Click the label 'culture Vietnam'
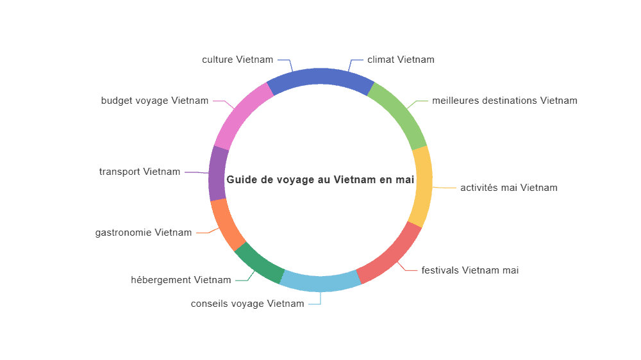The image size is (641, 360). [x=238, y=60]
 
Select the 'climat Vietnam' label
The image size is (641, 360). [x=401, y=60]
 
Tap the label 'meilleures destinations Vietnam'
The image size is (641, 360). [x=504, y=101]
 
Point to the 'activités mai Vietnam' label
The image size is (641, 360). [x=509, y=188]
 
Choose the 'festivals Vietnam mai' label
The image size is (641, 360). [x=470, y=270]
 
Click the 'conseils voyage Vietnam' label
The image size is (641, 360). [x=247, y=304]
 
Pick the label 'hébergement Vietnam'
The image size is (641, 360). [x=181, y=280]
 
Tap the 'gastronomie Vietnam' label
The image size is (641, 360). [x=144, y=233]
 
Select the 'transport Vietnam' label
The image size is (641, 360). [x=139, y=172]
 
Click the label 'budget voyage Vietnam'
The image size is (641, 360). [x=154, y=101]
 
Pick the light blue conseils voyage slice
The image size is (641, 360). [x=320, y=282]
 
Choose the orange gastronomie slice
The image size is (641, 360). [x=226, y=225]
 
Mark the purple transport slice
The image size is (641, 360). [x=217, y=174]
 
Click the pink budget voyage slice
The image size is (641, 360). [x=240, y=115]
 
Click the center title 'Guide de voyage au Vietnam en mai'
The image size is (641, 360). [x=320, y=180]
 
